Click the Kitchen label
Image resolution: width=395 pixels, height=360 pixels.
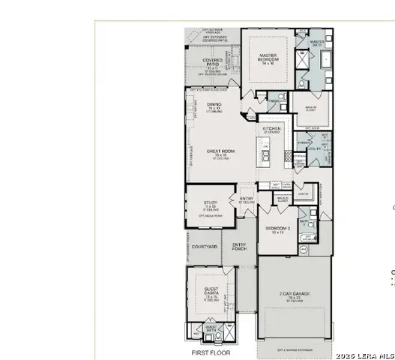pyautogui.click(x=271, y=129)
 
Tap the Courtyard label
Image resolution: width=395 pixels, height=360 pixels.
pyautogui.click(x=204, y=246)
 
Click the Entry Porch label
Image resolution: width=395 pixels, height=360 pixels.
pyautogui.click(x=239, y=247)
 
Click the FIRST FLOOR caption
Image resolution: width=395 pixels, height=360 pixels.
pyautogui.click(x=211, y=352)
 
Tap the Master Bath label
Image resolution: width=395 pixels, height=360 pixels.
pyautogui.click(x=317, y=43)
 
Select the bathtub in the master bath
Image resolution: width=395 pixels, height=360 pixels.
pyautogui.click(x=327, y=79)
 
